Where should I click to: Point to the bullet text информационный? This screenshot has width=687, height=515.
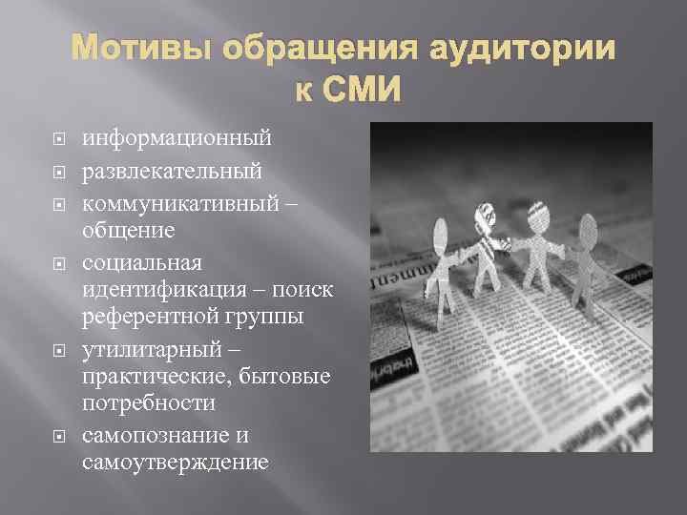pyautogui.click(x=177, y=138)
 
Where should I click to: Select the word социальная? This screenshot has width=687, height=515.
pyautogui.click(x=140, y=264)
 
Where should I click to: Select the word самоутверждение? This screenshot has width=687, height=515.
pyautogui.click(x=176, y=463)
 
